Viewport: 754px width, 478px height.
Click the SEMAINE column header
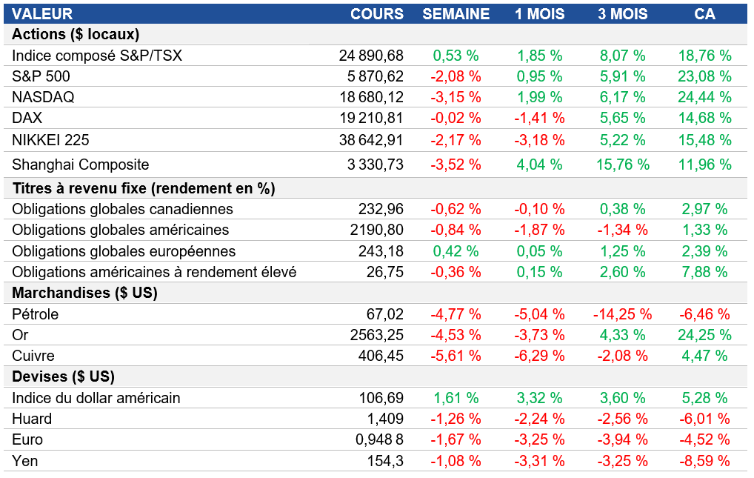point(456,14)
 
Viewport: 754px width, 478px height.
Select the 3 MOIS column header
point(623,14)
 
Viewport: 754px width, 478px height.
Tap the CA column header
point(704,14)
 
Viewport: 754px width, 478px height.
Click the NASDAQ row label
point(43,97)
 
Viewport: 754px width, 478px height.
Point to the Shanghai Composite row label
point(81,165)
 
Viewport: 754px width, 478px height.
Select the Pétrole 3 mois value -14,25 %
point(623,314)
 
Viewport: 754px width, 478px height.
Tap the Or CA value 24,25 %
point(704,335)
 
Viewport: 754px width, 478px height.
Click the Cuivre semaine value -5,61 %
point(456,356)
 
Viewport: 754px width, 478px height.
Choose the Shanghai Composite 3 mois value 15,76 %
point(623,165)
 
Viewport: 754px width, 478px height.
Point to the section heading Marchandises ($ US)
point(85,293)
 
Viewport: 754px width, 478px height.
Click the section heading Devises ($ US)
point(64,376)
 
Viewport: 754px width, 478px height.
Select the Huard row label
point(32,419)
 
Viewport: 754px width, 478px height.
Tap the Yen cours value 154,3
point(386,461)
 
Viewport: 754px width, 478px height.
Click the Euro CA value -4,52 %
point(704,439)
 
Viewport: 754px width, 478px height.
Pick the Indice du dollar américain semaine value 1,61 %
point(456,398)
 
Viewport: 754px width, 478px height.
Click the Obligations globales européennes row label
point(124,251)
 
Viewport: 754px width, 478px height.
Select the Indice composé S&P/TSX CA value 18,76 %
point(704,56)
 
